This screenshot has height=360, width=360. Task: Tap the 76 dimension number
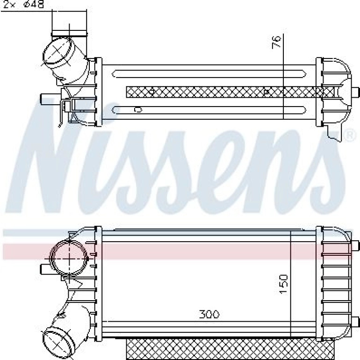pyautogui.click(x=276, y=42)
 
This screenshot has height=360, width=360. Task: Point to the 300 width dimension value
pyautogui.click(x=209, y=314)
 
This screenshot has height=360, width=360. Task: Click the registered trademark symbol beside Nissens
pyautogui.click(x=349, y=136)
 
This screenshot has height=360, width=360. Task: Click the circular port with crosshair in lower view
pyautogui.click(x=69, y=258)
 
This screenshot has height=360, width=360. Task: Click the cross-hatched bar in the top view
pyautogui.click(x=230, y=92)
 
